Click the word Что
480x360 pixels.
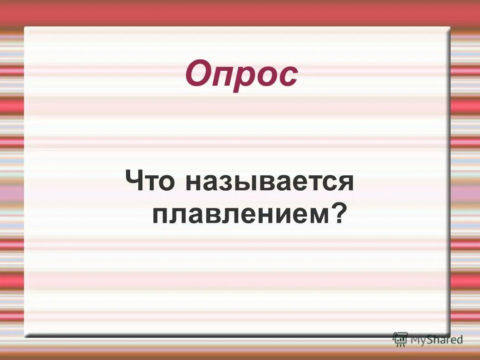point(150,181)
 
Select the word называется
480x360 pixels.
point(269,182)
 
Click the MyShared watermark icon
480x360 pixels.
point(400,338)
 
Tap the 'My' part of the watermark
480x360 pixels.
point(418,339)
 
